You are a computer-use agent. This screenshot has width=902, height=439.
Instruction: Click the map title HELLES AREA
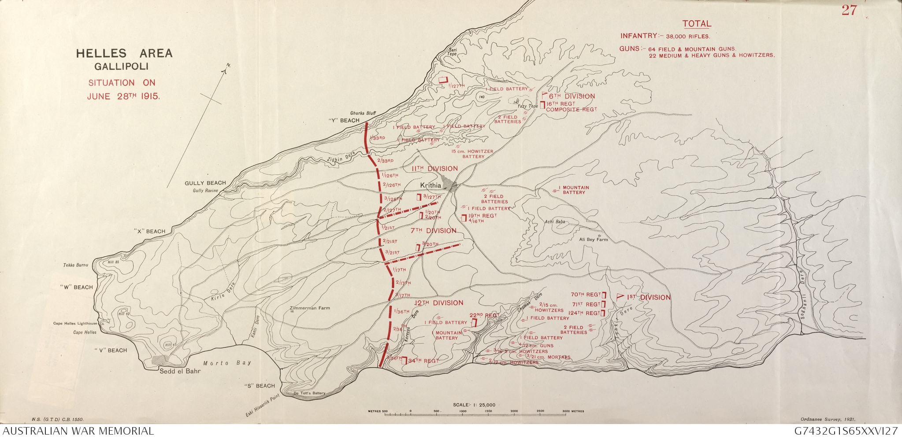[x=124, y=54]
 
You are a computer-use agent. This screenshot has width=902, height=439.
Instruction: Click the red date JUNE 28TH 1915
[x=123, y=96]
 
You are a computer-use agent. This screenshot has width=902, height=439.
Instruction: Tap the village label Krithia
[x=431, y=185]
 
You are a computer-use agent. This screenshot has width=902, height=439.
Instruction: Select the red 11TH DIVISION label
[x=434, y=169]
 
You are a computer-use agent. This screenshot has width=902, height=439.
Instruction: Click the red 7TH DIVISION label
[x=433, y=231]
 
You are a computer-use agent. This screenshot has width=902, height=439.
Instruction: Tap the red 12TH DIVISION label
[x=439, y=303]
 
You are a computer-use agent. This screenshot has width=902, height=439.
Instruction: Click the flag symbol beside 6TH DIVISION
[x=545, y=95]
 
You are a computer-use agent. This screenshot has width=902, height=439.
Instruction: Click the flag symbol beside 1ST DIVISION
[x=621, y=297]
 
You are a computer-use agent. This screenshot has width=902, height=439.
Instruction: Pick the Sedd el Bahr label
[x=180, y=371]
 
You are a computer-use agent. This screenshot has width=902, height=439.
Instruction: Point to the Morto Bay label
[x=227, y=363]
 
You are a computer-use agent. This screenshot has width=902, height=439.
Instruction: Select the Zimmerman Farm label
[x=310, y=308]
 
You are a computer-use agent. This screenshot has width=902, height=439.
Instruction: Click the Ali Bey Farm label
[x=593, y=240]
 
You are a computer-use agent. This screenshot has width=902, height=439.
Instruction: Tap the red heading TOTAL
[x=696, y=24]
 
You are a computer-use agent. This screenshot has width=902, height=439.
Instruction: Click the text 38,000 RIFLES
[x=688, y=37]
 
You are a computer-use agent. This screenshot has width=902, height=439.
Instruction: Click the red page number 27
[x=849, y=11]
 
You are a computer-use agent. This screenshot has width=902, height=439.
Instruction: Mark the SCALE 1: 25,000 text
[x=474, y=405]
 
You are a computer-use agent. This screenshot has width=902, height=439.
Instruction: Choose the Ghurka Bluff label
[x=363, y=113]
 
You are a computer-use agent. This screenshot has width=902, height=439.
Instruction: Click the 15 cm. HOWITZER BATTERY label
[x=472, y=154]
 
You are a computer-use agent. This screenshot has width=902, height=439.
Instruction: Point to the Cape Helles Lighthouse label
[x=75, y=324]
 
